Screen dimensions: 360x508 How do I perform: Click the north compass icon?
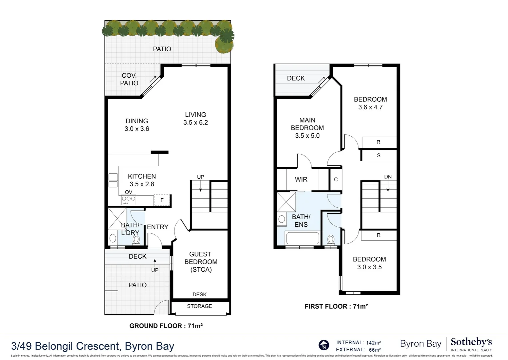coord(324,345)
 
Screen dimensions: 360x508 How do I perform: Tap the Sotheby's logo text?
coord(471,342)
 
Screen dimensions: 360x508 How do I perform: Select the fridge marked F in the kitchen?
coord(162,200)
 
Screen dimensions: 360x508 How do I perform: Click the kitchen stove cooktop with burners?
coord(129,200)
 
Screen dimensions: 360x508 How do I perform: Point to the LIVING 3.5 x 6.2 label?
coord(196,119)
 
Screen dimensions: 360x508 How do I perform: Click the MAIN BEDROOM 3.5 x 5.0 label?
coord(307,128)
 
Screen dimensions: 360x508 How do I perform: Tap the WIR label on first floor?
coord(301,179)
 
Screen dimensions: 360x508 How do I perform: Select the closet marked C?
coord(336,179)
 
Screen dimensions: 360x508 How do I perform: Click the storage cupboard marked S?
coord(378,155)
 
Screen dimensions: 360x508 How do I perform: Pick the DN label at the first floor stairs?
coord(388,177)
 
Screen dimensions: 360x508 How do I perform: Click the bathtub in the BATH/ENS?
coord(302,238)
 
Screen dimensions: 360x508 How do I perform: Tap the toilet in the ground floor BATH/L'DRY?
coord(136,239)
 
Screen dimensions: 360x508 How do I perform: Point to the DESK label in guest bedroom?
coord(200,294)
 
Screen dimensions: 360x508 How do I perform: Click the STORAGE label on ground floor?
coord(199,306)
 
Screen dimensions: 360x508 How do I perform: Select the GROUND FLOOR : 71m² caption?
coord(166,326)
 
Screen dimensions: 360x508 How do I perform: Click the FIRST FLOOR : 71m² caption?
coord(336,306)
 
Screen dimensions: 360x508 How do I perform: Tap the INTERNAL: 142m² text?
coord(358,343)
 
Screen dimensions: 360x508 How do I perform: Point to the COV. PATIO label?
coord(129,79)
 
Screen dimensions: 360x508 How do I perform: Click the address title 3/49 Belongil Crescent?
coord(93,346)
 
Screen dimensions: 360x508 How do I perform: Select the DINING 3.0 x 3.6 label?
coord(137,125)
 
